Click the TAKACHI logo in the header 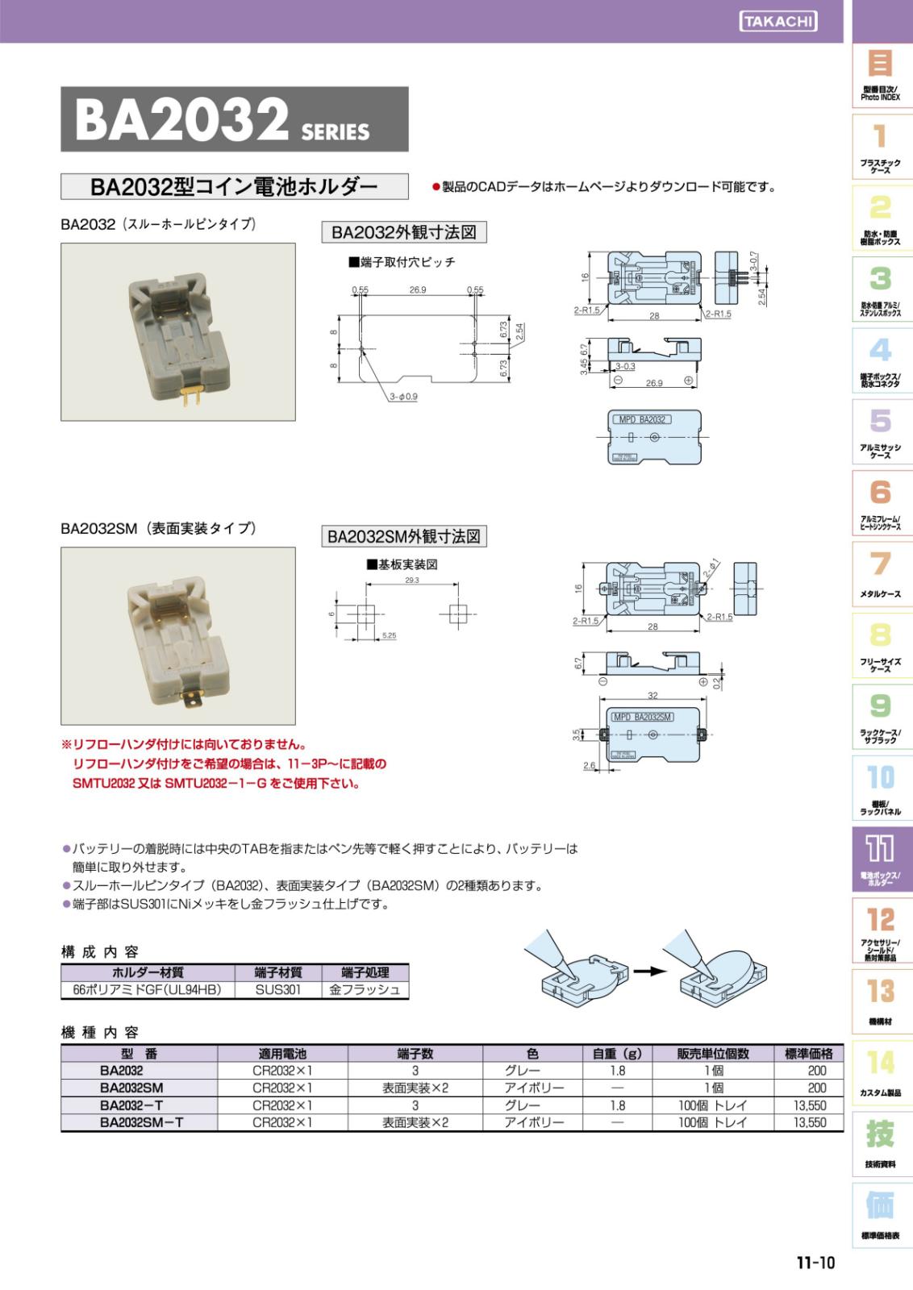(x=777, y=22)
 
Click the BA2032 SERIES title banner (x=234, y=119)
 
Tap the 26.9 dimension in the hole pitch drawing (x=417, y=290)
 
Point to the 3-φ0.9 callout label (x=403, y=397)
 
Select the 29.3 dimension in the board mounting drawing (x=411, y=580)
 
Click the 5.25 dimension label (x=389, y=636)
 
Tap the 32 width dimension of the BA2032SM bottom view (x=652, y=695)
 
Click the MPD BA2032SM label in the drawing (x=643, y=717)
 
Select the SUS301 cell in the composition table (x=277, y=989)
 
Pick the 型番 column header (x=139, y=1053)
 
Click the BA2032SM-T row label (x=141, y=1122)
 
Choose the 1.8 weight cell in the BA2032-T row (x=617, y=1105)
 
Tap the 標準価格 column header (x=808, y=1053)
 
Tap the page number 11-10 (x=815, y=1263)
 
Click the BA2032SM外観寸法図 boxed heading (x=404, y=536)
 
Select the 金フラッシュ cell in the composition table (x=365, y=989)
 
